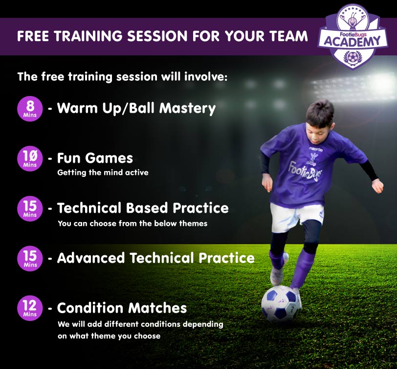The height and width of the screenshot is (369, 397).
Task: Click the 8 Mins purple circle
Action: point(30,109)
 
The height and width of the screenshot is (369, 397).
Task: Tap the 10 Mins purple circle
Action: point(30,159)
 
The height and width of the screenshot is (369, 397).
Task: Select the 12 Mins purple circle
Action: point(30,308)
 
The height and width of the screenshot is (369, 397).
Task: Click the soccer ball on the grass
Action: point(281,304)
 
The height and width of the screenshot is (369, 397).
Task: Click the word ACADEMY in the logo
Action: point(353,41)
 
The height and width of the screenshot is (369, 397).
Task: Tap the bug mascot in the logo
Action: point(352,19)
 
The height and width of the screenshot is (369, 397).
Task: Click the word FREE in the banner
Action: point(33,36)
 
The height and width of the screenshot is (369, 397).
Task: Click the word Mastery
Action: point(187,108)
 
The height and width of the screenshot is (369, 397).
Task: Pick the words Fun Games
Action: point(95,158)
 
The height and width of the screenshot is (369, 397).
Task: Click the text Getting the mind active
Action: point(103,172)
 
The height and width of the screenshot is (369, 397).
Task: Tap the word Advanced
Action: point(91,258)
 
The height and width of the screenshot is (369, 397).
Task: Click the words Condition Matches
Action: point(122,308)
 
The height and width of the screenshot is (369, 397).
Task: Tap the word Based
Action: point(147,208)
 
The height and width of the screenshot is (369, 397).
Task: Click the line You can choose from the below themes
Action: point(132,223)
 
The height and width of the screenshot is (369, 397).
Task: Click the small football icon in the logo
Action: point(352,58)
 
